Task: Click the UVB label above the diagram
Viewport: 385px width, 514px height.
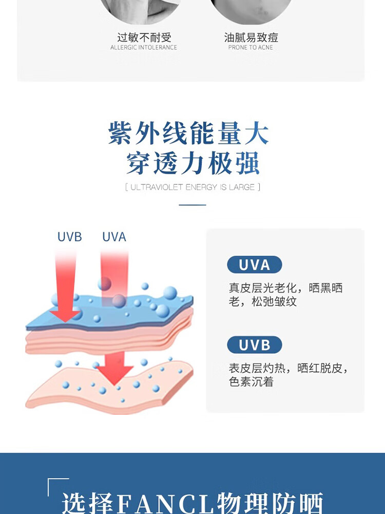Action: click(x=70, y=237)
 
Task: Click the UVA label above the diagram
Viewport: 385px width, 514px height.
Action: click(x=114, y=237)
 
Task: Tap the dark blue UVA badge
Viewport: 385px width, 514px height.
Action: click(x=255, y=265)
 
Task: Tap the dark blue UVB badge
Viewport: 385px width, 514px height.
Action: click(x=255, y=345)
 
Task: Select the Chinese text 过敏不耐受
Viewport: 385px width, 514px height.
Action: click(x=144, y=38)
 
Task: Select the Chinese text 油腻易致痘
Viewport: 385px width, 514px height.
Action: click(x=251, y=38)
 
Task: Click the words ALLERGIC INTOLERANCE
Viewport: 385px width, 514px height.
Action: click(x=144, y=48)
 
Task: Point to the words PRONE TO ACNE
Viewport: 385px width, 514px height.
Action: click(x=251, y=48)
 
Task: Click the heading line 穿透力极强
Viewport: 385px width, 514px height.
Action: click(x=193, y=163)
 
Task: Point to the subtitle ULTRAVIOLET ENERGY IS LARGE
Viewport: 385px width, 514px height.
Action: click(x=192, y=187)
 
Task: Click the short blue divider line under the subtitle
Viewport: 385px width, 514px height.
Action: click(x=192, y=205)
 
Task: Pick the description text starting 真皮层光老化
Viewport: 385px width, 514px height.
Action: click(x=285, y=295)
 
